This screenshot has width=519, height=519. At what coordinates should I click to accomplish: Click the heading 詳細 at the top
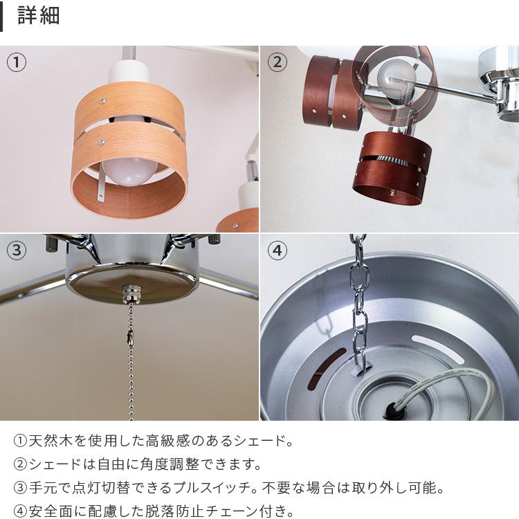pyautogui.click(x=38, y=15)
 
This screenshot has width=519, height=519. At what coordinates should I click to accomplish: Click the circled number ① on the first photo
pyautogui.click(x=16, y=62)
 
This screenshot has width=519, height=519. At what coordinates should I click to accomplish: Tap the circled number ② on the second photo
pyautogui.click(x=277, y=62)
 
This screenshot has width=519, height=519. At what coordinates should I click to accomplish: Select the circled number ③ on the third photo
pyautogui.click(x=16, y=251)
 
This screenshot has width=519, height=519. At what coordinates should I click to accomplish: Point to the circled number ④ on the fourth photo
pyautogui.click(x=277, y=251)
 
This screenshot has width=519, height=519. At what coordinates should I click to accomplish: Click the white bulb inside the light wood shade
pyautogui.click(x=130, y=171)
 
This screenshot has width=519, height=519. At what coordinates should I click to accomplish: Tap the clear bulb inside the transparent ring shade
pyautogui.click(x=397, y=79)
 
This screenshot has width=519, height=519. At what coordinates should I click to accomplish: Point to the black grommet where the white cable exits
pyautogui.click(x=391, y=408)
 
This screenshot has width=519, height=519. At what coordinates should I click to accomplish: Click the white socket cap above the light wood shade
pyautogui.click(x=126, y=72)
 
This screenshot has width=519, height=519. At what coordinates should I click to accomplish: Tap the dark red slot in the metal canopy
pyautogui.click(x=327, y=368)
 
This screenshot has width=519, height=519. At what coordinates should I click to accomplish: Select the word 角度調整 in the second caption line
pyautogui.click(x=170, y=464)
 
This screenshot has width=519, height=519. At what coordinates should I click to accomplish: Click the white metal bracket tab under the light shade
pyautogui.click(x=101, y=187)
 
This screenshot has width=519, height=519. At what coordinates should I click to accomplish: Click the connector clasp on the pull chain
pyautogui.click(x=130, y=336)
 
